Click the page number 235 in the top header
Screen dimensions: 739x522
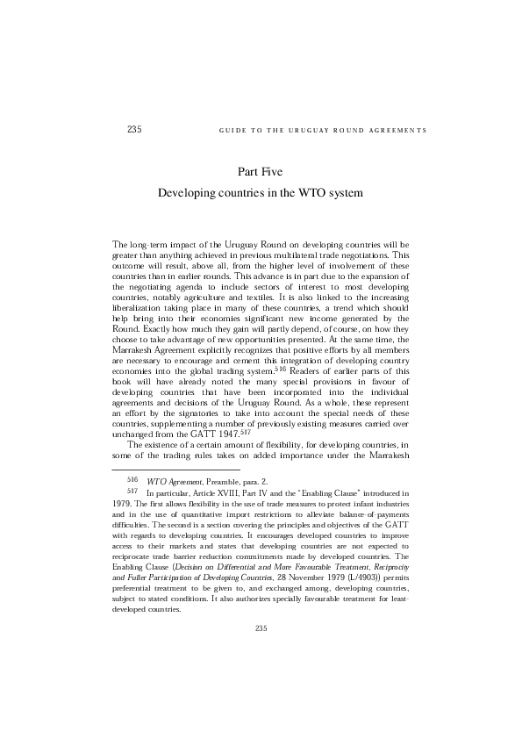pyautogui.click(x=134, y=130)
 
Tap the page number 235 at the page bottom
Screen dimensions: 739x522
pyautogui.click(x=261, y=628)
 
